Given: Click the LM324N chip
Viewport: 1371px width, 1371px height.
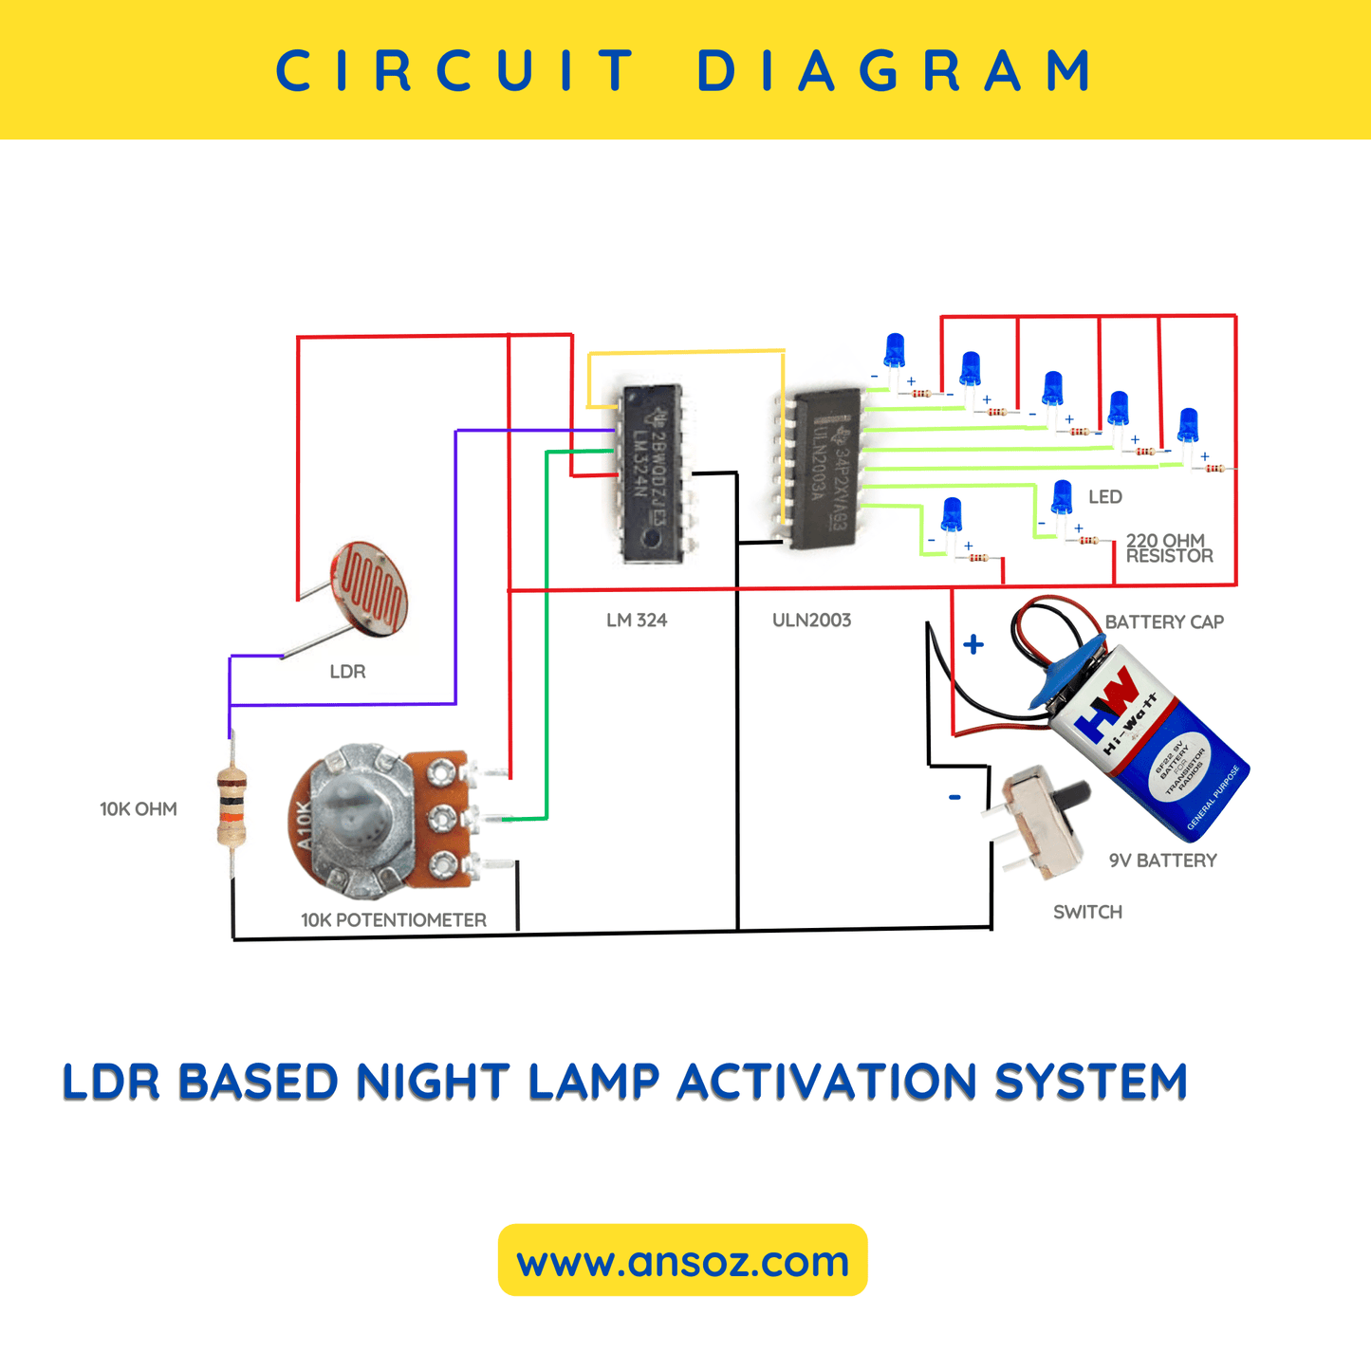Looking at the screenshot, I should [x=652, y=472].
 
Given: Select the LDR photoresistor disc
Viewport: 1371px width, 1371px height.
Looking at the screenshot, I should [x=369, y=587].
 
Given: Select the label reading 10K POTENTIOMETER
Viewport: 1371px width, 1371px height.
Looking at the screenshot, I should [x=394, y=920].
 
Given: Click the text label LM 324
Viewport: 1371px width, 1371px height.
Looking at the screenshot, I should [x=637, y=621].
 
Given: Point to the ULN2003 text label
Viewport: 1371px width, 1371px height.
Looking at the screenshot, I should [x=811, y=621].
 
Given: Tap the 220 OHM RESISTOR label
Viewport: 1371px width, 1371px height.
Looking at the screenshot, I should [x=1168, y=548].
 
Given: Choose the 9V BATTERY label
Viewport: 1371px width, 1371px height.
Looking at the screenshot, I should [x=1162, y=861].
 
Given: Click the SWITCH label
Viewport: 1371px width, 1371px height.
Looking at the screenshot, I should [x=1087, y=912].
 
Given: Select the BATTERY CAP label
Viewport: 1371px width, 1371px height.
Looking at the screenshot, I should [x=1164, y=622].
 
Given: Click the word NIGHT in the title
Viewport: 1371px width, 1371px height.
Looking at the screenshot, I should [x=426, y=1083].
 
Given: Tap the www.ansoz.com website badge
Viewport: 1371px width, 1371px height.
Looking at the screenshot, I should [x=682, y=1261].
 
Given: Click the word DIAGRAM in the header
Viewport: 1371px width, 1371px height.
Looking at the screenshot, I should [x=895, y=71].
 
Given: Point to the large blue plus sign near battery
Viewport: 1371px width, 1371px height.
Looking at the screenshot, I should [x=973, y=645].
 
